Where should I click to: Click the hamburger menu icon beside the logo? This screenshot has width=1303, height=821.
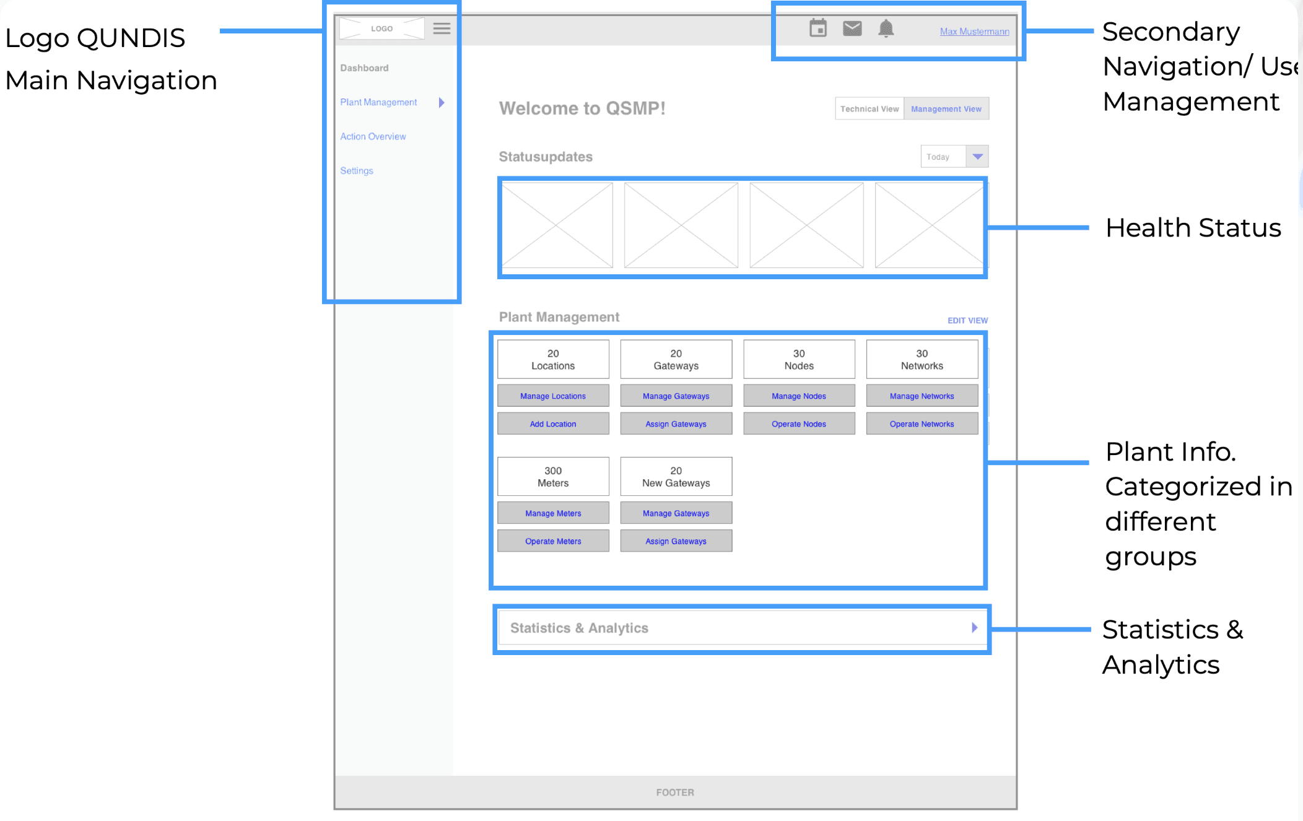tap(442, 28)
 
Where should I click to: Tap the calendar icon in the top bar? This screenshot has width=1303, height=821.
tap(818, 28)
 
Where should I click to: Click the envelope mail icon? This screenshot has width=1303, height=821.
tap(852, 28)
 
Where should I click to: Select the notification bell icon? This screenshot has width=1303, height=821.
tap(886, 28)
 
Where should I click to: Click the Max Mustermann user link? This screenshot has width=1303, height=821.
tap(974, 32)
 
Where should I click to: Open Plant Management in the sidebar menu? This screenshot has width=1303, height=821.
tap(378, 102)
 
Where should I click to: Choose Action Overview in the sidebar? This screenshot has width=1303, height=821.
tap(373, 136)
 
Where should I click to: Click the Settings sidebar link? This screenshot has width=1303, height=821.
tap(357, 171)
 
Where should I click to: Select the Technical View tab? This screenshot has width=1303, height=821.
tap(869, 109)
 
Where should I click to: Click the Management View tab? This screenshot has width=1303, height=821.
tap(946, 109)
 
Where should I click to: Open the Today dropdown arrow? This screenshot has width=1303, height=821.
tap(977, 157)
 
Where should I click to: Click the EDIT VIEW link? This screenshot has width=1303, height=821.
tap(967, 321)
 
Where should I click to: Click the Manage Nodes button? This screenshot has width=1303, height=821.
tap(799, 396)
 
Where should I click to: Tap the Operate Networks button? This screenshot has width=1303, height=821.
tap(922, 424)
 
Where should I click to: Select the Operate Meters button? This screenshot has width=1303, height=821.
tap(553, 541)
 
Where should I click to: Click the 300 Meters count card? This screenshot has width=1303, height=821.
tap(553, 477)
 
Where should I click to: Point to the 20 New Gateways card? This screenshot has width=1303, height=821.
tap(676, 477)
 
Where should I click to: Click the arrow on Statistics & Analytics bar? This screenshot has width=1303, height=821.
tap(974, 628)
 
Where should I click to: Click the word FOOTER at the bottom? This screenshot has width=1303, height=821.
tap(675, 793)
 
